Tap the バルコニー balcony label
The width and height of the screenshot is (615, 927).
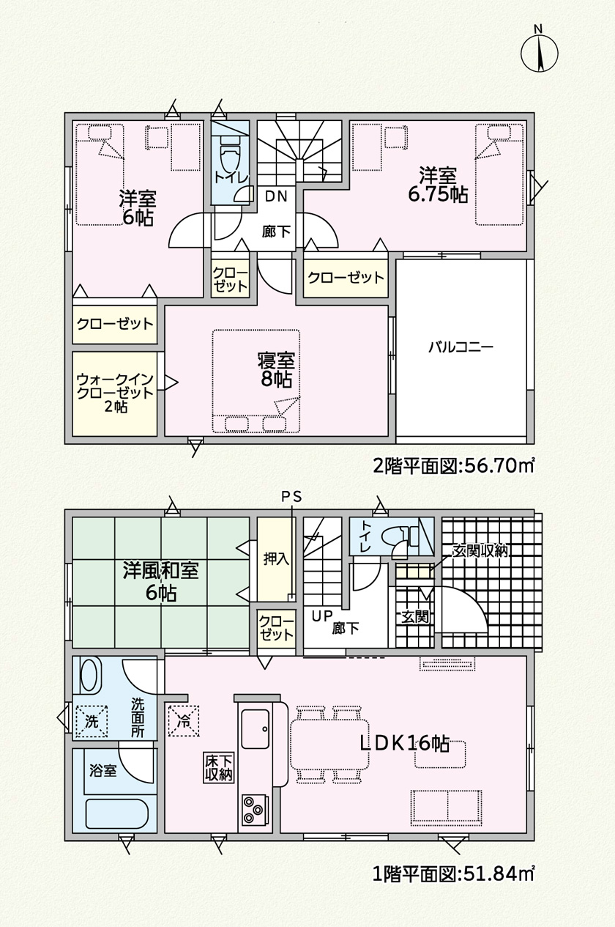coord(461,347)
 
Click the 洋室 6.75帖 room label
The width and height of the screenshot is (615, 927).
coord(438,185)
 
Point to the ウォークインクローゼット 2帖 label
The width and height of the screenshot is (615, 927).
coord(115,392)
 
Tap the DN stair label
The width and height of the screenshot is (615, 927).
coord(276,196)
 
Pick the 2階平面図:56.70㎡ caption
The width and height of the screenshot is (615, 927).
coord(453,466)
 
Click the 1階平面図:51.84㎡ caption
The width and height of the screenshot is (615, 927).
coord(453,906)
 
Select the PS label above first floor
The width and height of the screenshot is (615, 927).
coord(292,497)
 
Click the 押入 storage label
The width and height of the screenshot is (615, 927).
coord(276,560)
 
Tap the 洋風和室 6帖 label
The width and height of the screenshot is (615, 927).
coord(160,581)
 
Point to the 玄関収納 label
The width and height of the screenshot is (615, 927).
coord(480,551)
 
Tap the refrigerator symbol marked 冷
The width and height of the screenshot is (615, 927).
coord(183,720)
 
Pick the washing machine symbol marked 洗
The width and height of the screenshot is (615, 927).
coord(92,720)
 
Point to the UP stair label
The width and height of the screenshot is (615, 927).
coord(322,616)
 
